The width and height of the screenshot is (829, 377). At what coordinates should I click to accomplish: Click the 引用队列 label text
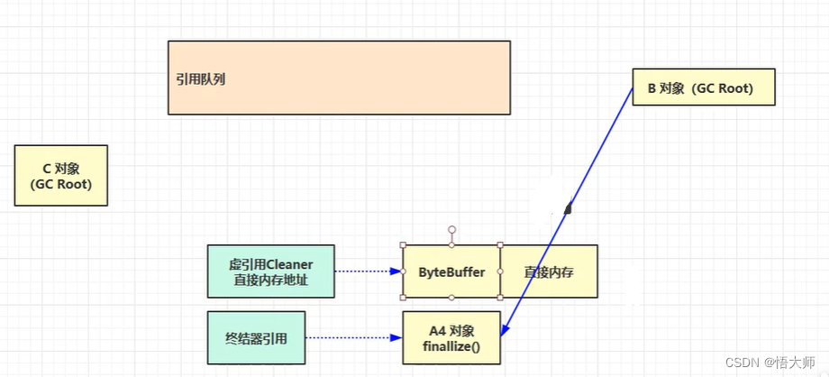(200, 78)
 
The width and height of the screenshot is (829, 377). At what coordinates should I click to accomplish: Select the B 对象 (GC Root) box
(703, 87)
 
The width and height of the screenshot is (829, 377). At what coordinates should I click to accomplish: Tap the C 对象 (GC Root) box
(61, 176)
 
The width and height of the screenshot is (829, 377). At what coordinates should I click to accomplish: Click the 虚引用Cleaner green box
(270, 271)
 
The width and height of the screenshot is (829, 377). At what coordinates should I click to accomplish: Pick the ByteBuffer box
(451, 271)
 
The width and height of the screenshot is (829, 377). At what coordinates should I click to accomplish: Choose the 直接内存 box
(548, 271)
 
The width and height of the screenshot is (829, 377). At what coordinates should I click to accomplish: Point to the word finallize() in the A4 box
(451, 346)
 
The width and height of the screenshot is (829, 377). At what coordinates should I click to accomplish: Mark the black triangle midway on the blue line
(568, 208)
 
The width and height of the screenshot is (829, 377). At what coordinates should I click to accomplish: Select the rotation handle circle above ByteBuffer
(451, 230)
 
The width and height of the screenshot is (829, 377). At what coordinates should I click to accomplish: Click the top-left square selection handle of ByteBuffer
(403, 244)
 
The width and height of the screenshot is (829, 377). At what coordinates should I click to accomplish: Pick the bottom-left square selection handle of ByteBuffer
(403, 297)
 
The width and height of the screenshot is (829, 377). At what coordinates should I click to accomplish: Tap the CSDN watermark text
(743, 362)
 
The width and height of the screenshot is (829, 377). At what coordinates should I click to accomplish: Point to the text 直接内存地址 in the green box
(270, 279)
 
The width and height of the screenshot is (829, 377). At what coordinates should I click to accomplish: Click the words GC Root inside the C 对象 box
(61, 184)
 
